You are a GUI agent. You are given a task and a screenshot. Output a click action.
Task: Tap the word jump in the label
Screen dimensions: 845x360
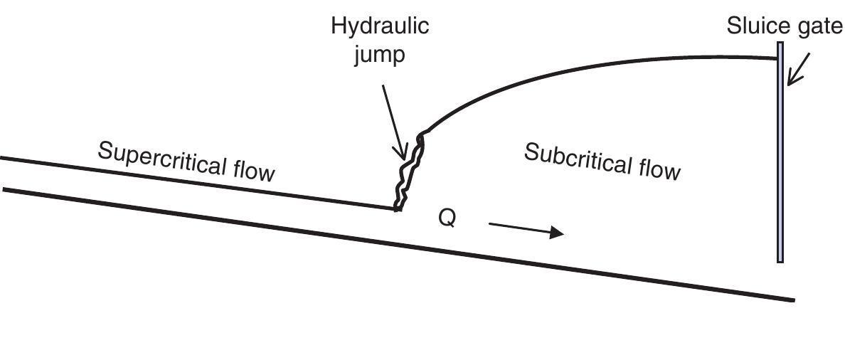pyautogui.click(x=379, y=55)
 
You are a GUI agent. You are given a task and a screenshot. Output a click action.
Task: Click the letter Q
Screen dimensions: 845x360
pyautogui.click(x=447, y=218)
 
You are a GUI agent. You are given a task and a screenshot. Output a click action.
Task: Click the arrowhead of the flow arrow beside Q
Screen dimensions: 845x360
pyautogui.click(x=557, y=233)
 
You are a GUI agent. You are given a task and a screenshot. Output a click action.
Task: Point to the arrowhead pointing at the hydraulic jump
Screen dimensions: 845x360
pyautogui.click(x=401, y=153)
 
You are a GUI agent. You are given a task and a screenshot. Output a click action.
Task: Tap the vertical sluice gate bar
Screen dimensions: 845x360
pyautogui.click(x=780, y=152)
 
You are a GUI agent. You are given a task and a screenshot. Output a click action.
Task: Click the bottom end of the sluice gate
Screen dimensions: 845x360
pyautogui.click(x=780, y=263)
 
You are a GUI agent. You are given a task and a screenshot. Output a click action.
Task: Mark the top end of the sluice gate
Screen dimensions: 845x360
pyautogui.click(x=780, y=43)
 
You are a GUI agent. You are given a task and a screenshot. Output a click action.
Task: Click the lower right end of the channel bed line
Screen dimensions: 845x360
pyautogui.click(x=794, y=300)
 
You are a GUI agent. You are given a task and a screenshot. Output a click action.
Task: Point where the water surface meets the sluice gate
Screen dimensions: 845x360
pyautogui.click(x=777, y=58)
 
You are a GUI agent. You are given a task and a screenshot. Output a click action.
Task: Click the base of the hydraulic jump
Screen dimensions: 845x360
pyautogui.click(x=398, y=208)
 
